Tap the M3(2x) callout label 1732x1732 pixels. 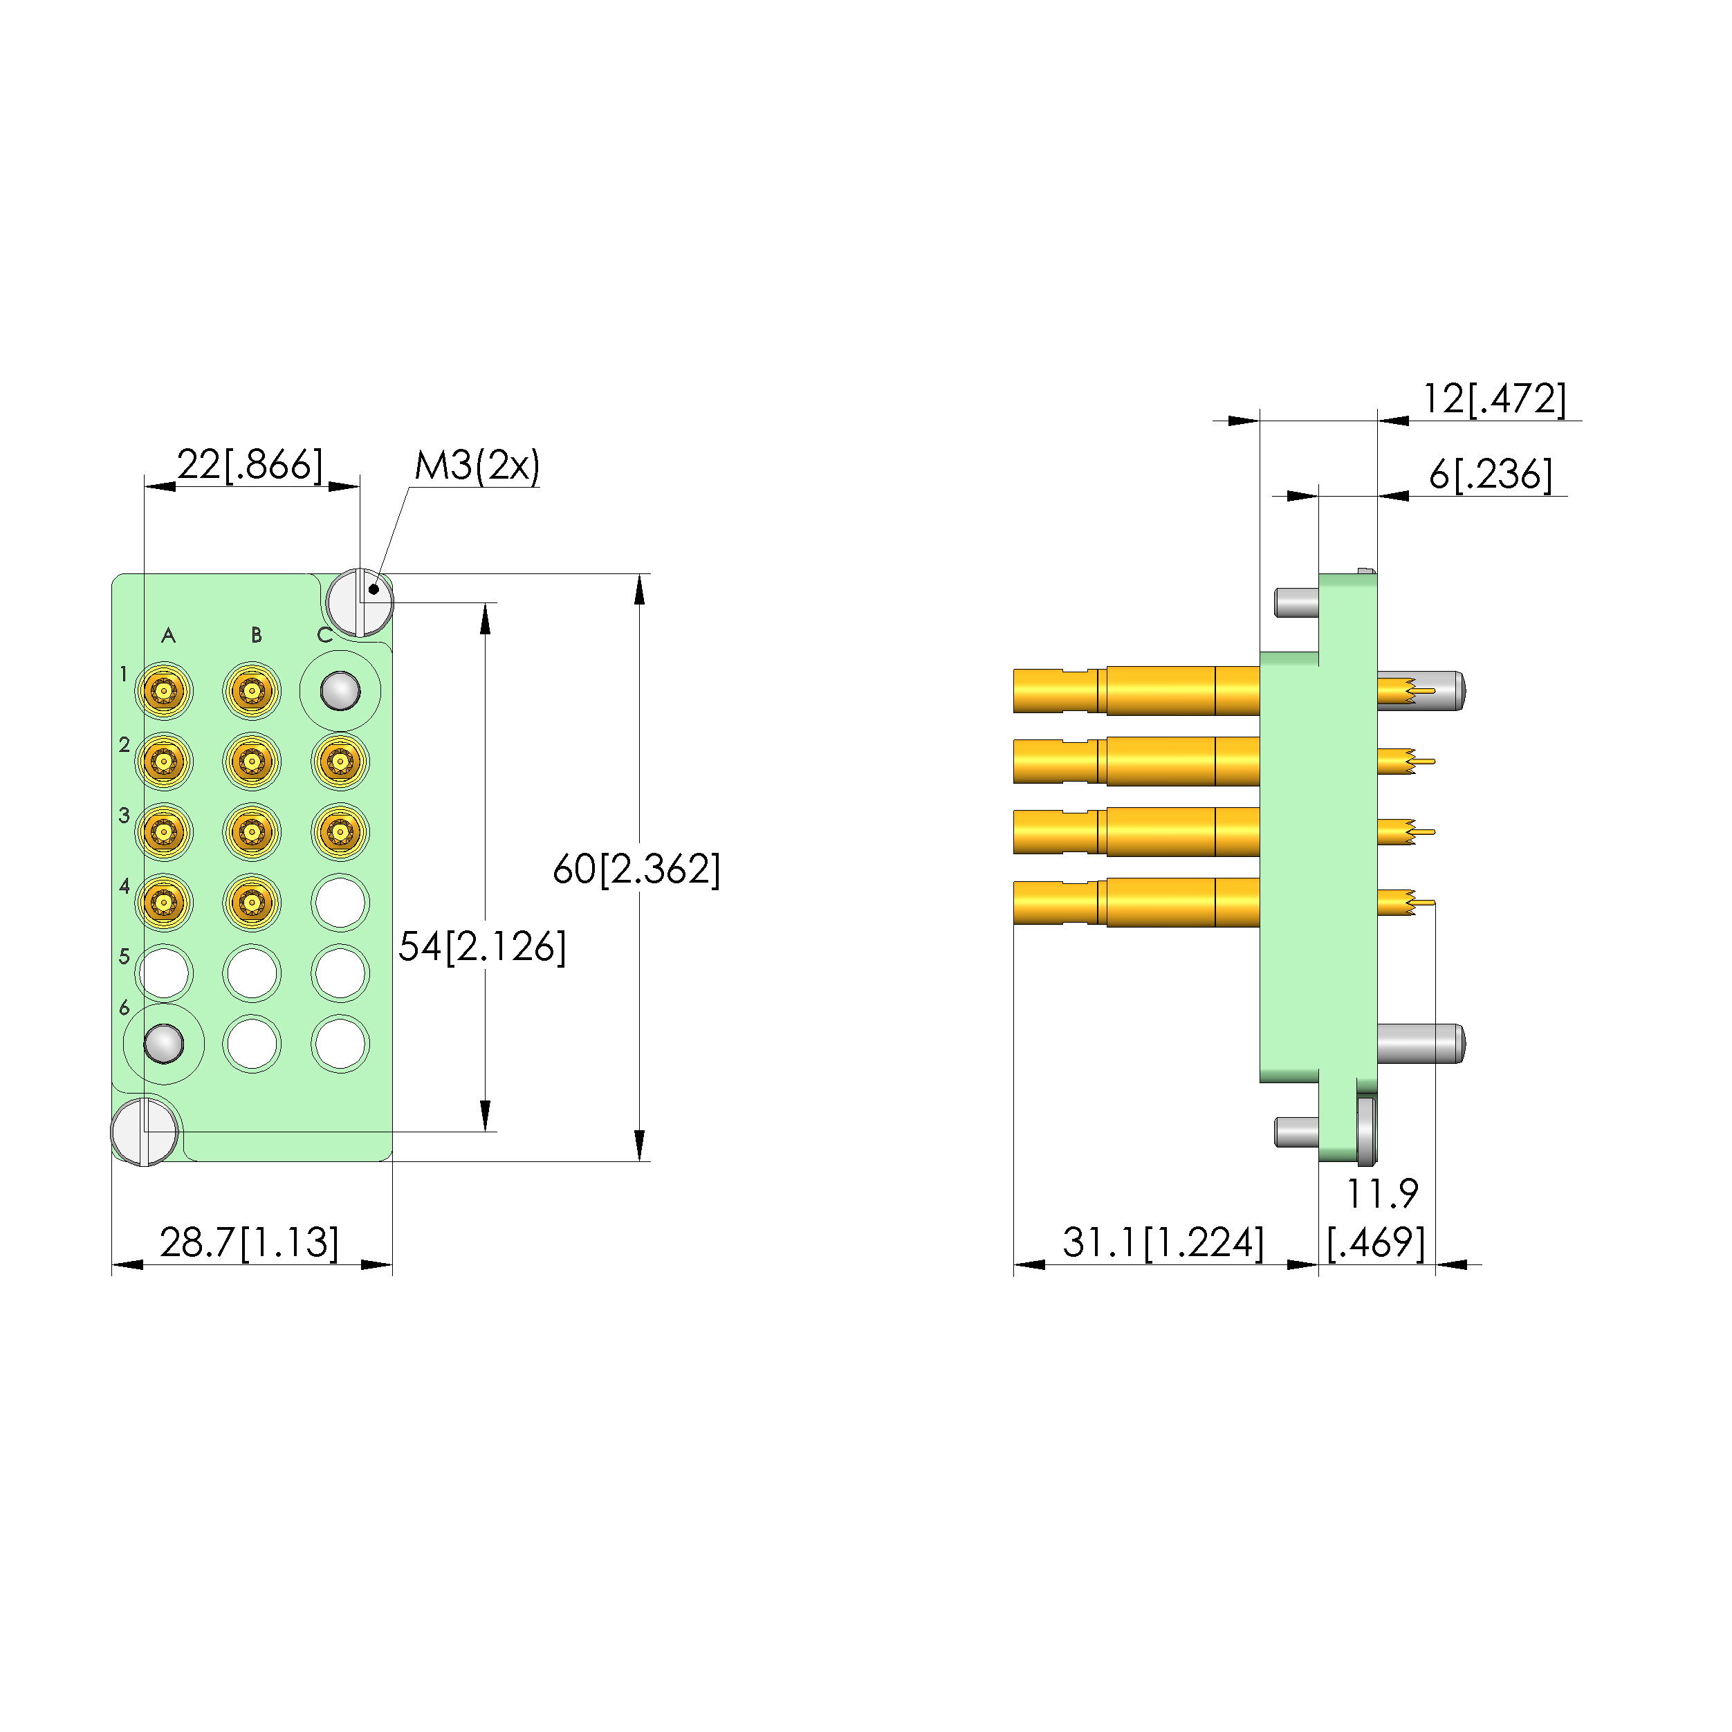click(477, 466)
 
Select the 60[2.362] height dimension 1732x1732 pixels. click(636, 869)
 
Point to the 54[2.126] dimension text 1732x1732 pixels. click(482, 947)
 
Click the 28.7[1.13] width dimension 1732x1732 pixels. click(249, 1242)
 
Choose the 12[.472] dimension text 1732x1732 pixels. click(1495, 399)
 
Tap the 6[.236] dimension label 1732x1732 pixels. click(1491, 475)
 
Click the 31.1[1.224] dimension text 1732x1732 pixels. click(1163, 1242)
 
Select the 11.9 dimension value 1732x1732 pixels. click(1383, 1193)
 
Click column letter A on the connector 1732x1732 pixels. click(169, 636)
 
